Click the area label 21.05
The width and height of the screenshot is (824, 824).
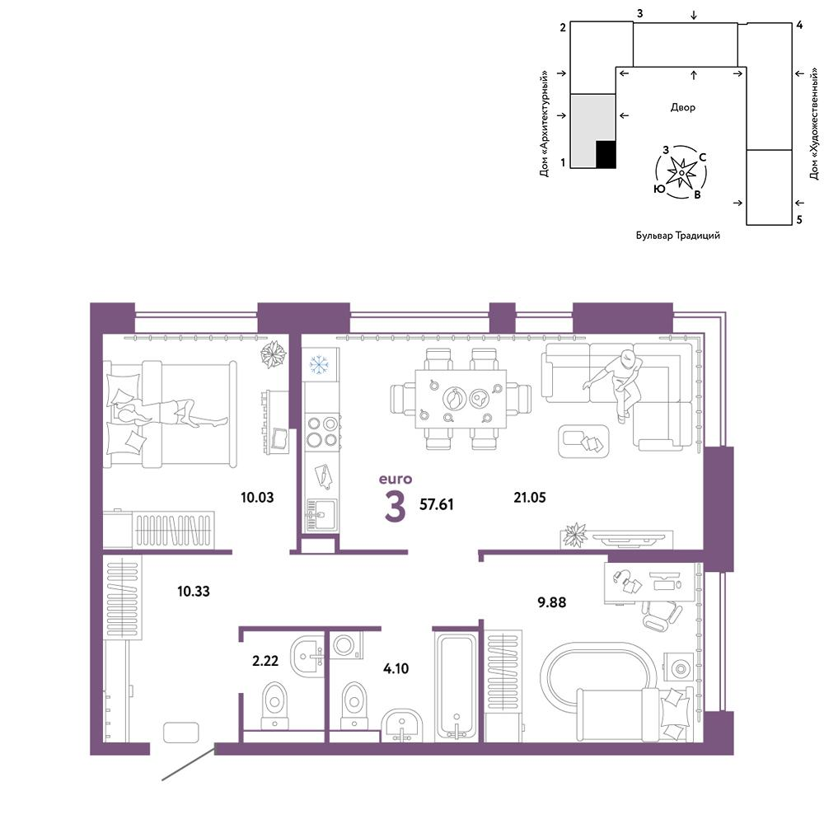coord(530,497)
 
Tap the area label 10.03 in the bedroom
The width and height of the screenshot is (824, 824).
coord(257,497)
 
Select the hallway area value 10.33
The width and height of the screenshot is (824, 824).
coord(194,591)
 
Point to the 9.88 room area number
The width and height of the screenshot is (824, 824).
coord(552,602)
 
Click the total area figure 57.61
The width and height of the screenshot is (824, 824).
coord(436,504)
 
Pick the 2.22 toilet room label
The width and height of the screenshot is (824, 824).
coord(265,661)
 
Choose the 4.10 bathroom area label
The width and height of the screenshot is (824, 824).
coord(396,668)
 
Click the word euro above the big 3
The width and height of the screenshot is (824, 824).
coord(396,479)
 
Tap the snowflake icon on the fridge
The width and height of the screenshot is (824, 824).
coord(319,364)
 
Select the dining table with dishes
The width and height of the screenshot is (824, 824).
coord(461,399)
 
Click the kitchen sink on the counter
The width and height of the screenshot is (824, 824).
coord(321,514)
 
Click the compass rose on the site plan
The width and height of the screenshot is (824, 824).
coord(681,172)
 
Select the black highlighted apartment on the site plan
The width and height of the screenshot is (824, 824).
coord(606,155)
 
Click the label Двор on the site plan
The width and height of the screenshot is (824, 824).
coord(682,108)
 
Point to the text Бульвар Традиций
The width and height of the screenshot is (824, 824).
coord(678,236)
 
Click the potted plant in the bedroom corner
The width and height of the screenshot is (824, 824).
coord(274,353)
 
